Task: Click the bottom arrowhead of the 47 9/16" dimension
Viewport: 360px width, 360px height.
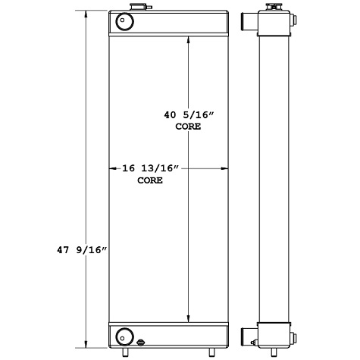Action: (x=86, y=343)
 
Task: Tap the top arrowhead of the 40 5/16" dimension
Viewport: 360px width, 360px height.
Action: (x=188, y=39)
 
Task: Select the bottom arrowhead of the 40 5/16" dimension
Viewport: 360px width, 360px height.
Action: (x=188, y=320)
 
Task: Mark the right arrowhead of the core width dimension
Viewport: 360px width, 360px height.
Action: (x=227, y=169)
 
